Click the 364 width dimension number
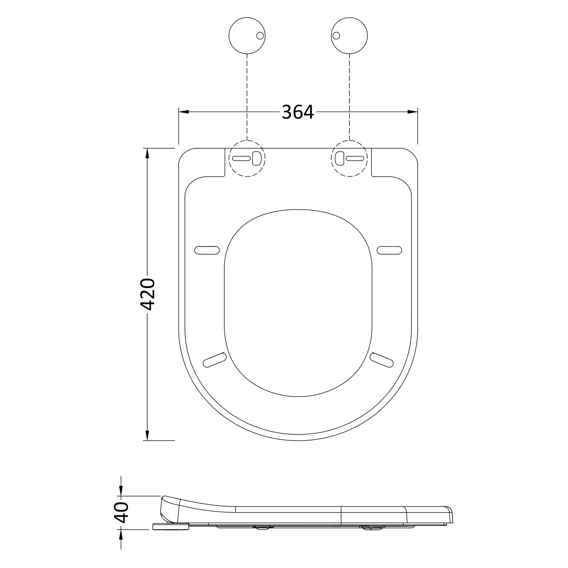[x=298, y=112]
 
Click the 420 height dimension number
[x=147, y=294]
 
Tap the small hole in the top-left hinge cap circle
[x=260, y=36]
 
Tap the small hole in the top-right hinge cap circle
[x=336, y=36]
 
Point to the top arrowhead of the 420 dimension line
[x=147, y=154]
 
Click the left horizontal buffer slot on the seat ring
[x=207, y=250]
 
